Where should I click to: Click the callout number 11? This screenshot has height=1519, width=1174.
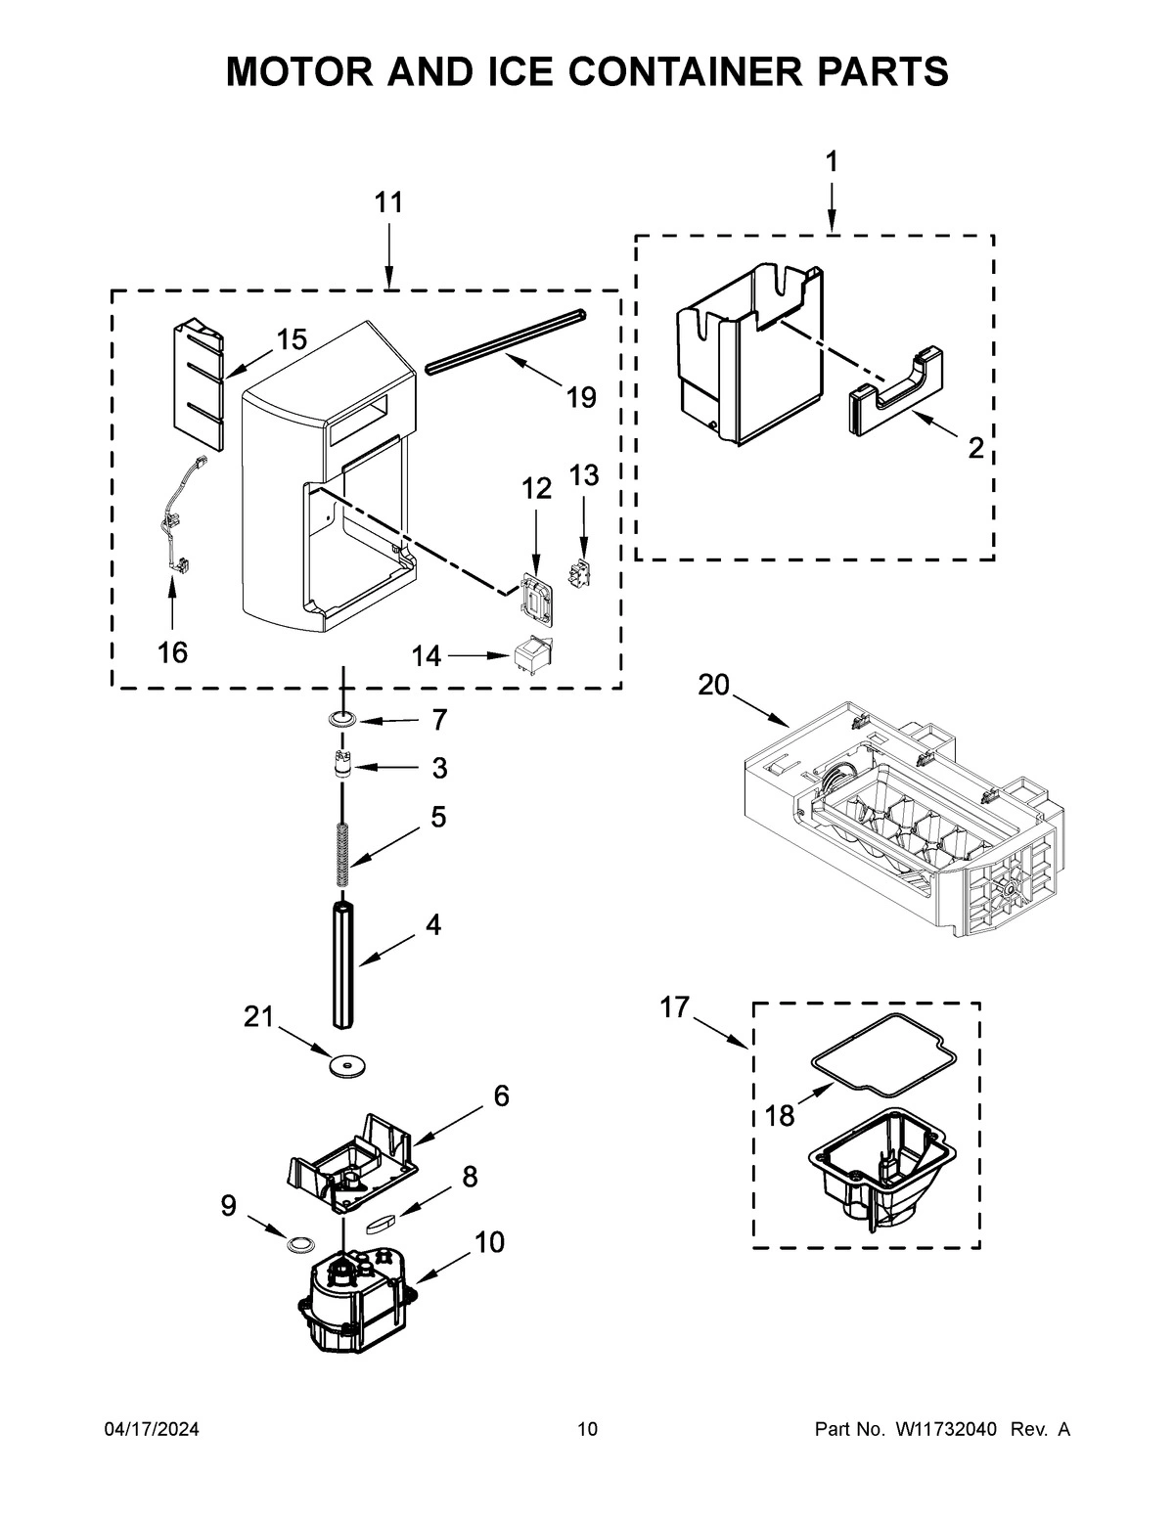pyautogui.click(x=388, y=203)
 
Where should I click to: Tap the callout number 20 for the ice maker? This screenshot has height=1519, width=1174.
pyautogui.click(x=713, y=686)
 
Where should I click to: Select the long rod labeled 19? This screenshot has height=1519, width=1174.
pyautogui.click(x=506, y=339)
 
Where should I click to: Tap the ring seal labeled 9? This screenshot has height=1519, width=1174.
pyautogui.click(x=297, y=1244)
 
